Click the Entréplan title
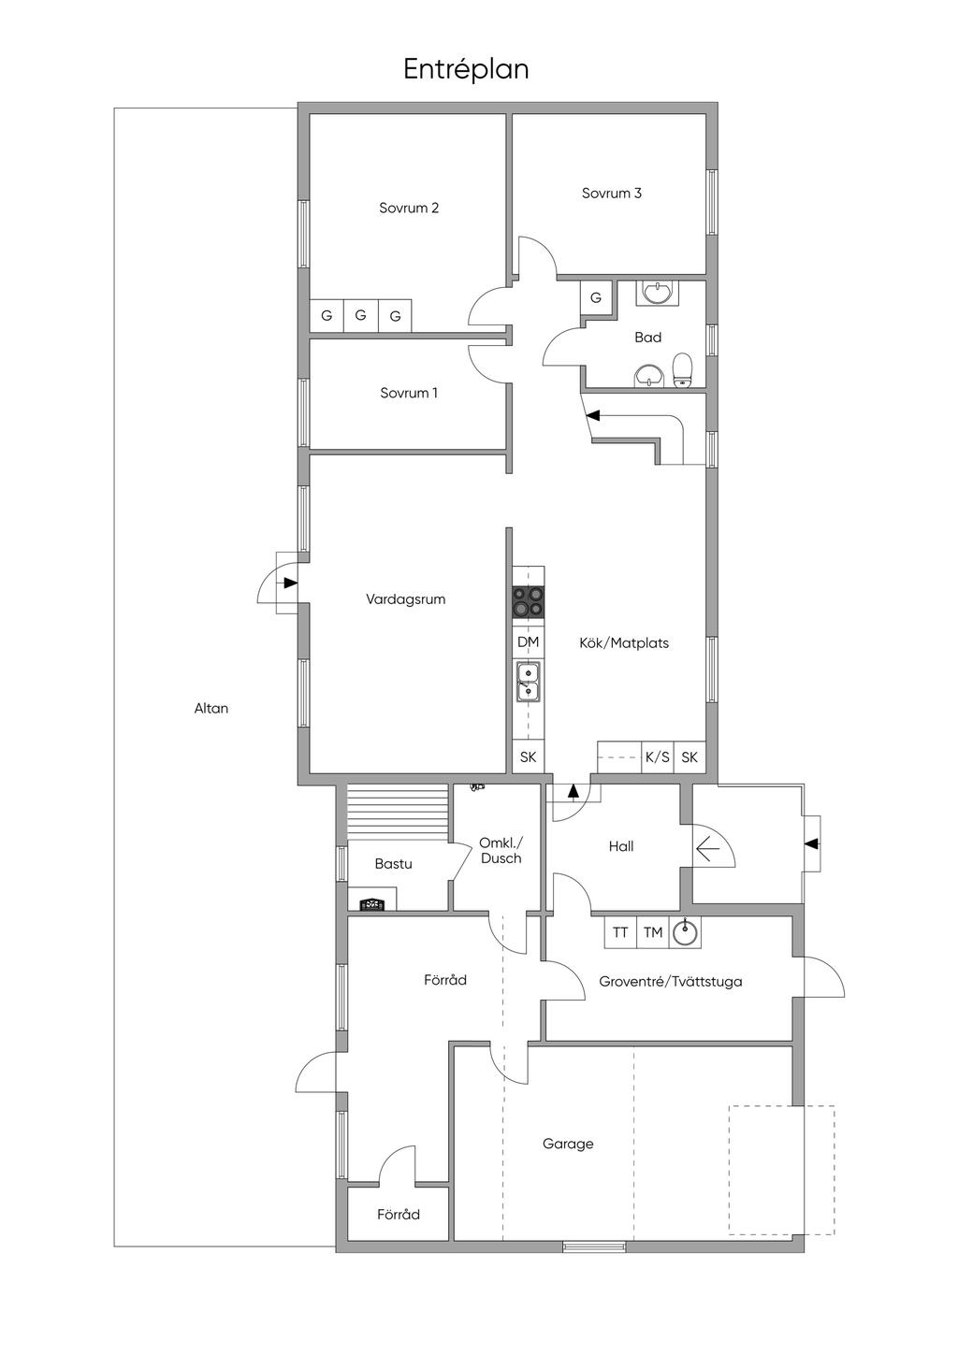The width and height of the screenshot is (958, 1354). (466, 70)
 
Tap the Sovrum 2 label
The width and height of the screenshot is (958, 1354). (409, 208)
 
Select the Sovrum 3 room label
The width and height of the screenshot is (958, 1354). (612, 194)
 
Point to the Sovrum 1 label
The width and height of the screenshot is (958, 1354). (409, 393)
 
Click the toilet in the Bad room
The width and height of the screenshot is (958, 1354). (683, 370)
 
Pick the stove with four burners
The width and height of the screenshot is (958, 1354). (528, 602)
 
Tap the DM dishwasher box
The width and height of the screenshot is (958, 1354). (528, 642)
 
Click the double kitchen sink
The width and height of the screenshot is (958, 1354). (528, 682)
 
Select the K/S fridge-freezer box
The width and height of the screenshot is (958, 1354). (658, 756)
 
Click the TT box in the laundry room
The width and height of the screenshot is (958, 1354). (620, 932)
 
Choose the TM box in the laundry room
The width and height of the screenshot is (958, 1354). (653, 932)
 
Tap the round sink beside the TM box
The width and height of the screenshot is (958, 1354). (685, 932)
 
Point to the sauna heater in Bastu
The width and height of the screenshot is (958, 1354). (372, 905)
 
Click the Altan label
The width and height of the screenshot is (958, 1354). (211, 709)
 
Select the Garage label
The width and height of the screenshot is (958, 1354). (568, 1144)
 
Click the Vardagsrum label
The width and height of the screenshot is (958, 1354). (406, 599)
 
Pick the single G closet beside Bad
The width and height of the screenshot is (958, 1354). (596, 297)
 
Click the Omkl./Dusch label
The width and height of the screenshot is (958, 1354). (501, 851)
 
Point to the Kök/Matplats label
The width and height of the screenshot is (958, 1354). (624, 643)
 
